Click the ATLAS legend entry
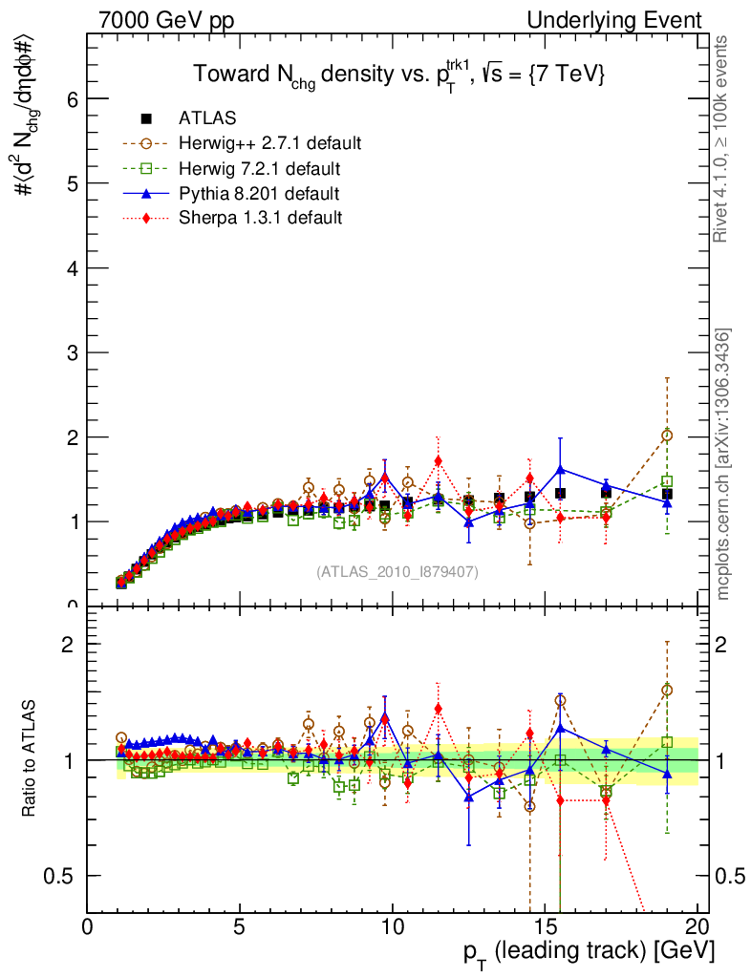tap(207, 118)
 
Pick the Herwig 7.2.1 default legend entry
tap(260, 168)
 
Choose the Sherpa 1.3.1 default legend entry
tap(260, 218)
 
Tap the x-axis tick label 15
tap(545, 925)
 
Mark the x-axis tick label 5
tap(240, 925)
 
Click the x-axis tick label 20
tap(697, 925)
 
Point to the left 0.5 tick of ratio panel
tap(63, 876)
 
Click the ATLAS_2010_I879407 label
tap(397, 571)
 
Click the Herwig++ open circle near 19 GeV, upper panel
tap(667, 436)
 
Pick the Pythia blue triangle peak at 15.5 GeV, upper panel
tap(560, 469)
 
